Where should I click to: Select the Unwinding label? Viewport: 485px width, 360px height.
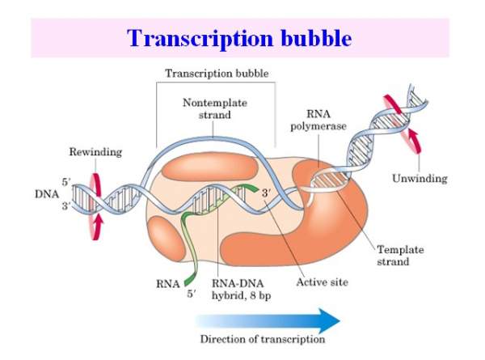click(x=417, y=178)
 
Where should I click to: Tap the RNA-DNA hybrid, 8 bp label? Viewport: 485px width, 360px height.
click(x=242, y=289)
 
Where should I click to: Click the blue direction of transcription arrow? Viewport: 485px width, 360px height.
click(x=268, y=320)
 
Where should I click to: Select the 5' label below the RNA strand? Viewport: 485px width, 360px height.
click(x=191, y=296)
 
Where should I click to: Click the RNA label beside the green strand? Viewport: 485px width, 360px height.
click(x=163, y=284)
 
